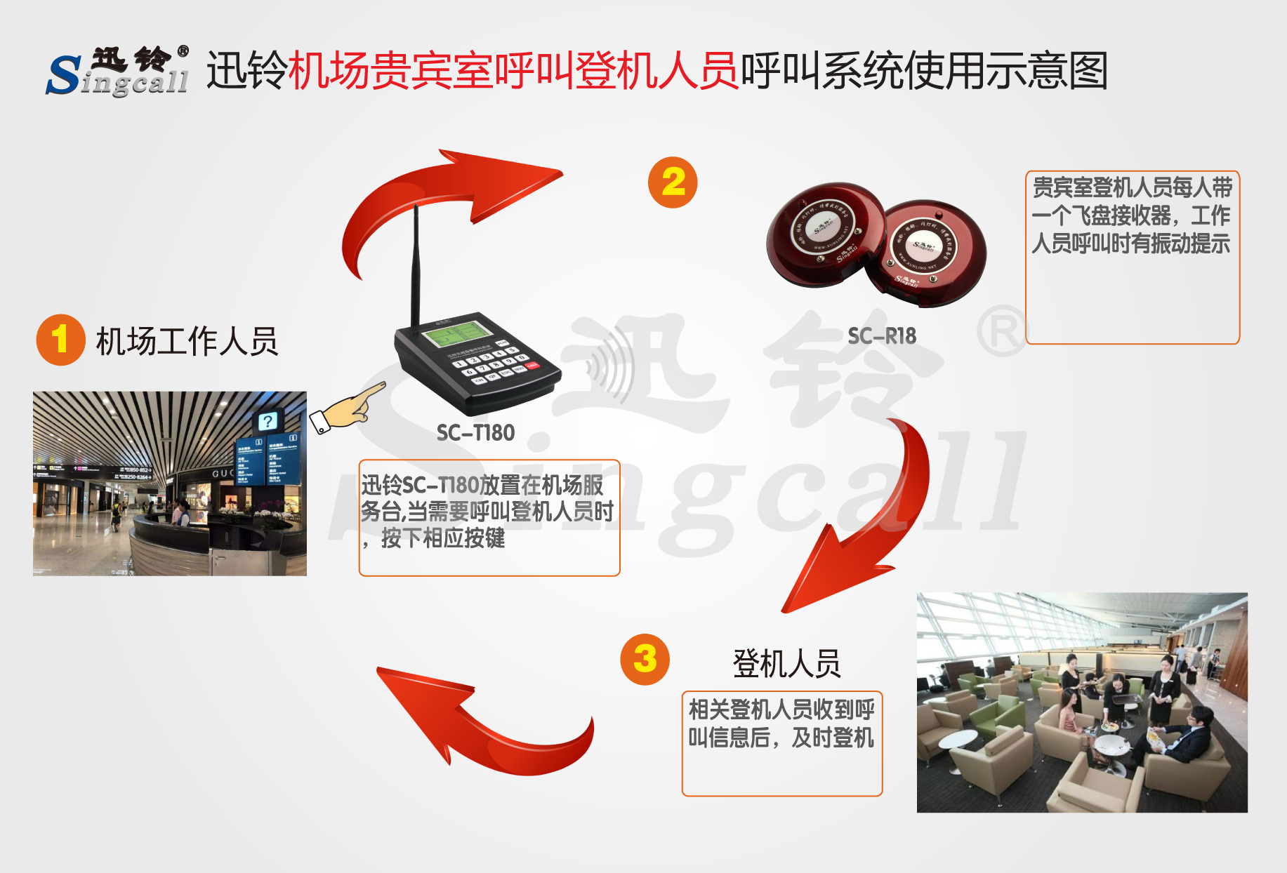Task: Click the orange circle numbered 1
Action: (60, 340)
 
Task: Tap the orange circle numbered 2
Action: (673, 182)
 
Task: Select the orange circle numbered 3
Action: (645, 659)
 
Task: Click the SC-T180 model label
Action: (475, 433)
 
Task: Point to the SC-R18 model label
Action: (882, 336)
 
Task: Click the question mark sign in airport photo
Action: (267, 421)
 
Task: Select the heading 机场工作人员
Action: (187, 342)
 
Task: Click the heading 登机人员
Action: (786, 663)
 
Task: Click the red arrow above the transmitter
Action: (435, 204)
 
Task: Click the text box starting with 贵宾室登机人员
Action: (1132, 257)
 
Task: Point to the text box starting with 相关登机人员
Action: (781, 743)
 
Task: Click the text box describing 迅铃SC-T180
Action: (489, 518)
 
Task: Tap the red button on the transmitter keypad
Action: (532, 365)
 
